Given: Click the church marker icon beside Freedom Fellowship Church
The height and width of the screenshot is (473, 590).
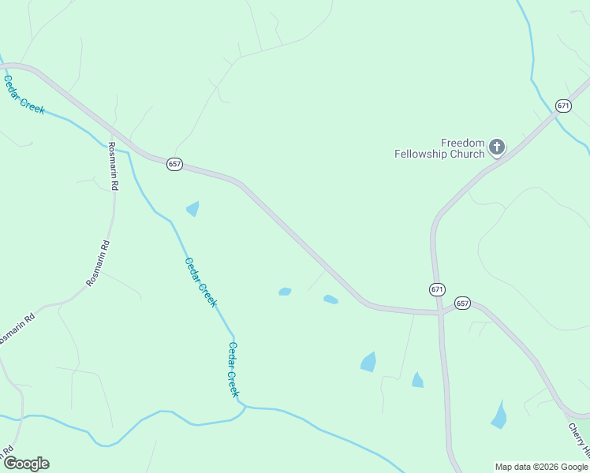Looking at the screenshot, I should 497,147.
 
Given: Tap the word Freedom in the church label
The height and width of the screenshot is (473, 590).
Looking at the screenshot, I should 462,143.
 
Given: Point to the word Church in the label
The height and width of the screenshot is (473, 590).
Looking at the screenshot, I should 468,154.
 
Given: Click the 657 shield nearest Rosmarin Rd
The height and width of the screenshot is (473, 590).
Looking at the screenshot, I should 175,164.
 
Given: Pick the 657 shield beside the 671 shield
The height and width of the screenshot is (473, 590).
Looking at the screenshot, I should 463,303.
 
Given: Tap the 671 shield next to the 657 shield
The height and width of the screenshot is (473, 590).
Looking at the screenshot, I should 438,289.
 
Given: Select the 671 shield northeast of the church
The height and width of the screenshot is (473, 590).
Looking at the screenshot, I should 562,106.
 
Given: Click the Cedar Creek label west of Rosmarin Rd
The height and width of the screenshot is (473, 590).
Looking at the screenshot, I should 24,95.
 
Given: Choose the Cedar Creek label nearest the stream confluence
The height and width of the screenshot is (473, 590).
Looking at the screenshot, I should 233,369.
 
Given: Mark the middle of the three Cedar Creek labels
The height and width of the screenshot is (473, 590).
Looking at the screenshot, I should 200,281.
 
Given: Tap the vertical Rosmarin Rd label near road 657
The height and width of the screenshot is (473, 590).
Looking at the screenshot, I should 113,166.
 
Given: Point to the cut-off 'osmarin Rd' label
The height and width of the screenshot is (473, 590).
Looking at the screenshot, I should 17,329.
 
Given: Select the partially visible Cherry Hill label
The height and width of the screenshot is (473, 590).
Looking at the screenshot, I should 579,440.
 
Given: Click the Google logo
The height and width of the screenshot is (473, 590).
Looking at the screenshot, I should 26,464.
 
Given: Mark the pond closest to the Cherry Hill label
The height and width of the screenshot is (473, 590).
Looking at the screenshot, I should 499,415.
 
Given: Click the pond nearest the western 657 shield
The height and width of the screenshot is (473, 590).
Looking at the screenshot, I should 192,209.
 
